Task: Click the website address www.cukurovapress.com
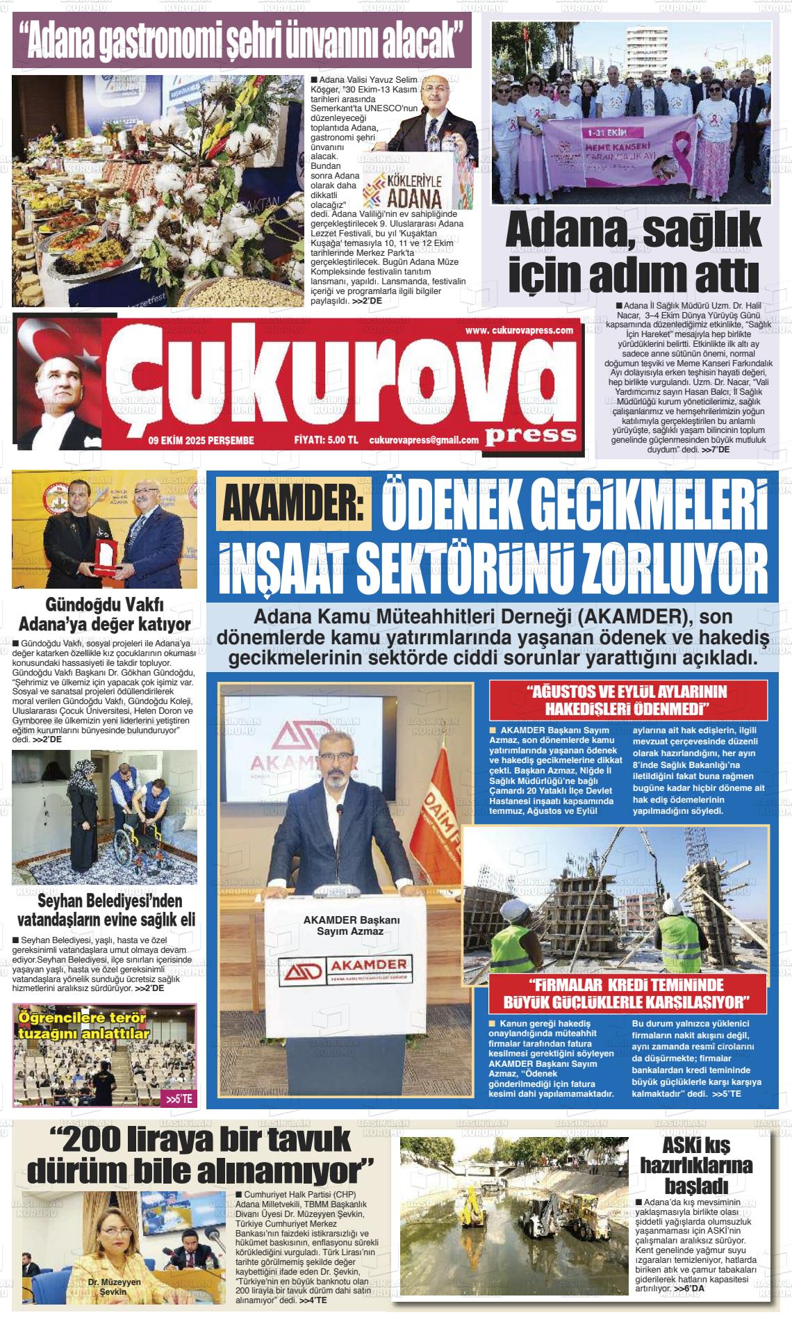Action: point(519,330)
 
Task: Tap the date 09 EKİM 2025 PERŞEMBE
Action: point(201,440)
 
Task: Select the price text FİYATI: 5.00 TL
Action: point(326,440)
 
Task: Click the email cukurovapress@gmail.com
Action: point(424,440)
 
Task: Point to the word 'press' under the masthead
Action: point(531,434)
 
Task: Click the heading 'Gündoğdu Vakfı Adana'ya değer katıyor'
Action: point(104,614)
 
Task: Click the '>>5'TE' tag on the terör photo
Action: point(179,1100)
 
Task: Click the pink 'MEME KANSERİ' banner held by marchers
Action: point(611,150)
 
